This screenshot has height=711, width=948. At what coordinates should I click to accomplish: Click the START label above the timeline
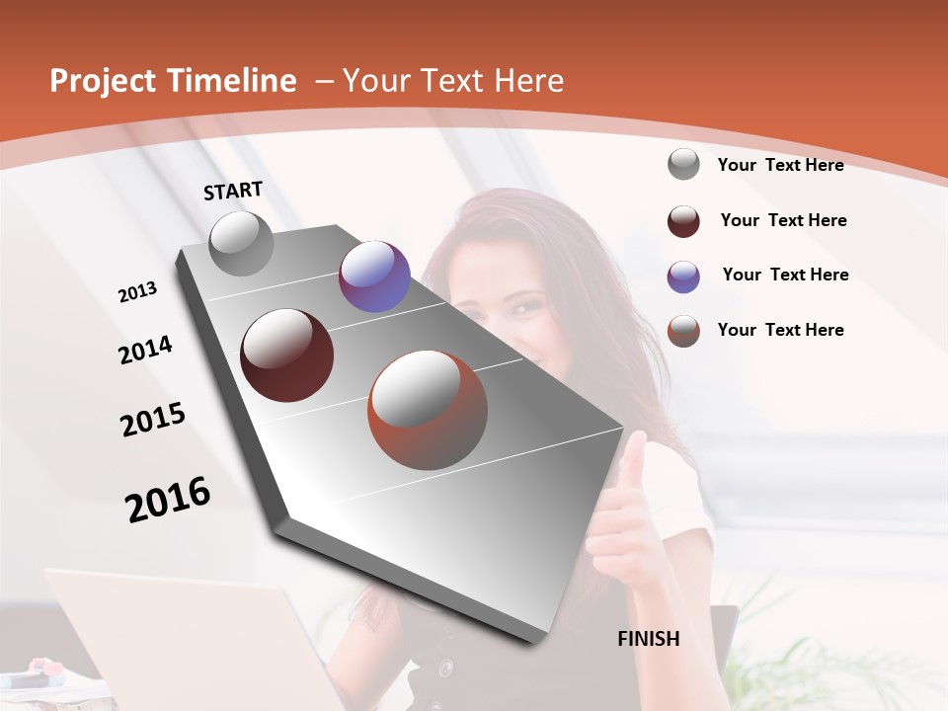[x=233, y=191]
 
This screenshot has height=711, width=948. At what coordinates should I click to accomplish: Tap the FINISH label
[x=648, y=639]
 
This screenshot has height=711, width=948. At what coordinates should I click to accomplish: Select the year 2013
[x=137, y=292]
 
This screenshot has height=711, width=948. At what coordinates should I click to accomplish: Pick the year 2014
[x=145, y=351]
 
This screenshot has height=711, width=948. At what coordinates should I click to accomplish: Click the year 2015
[x=153, y=420]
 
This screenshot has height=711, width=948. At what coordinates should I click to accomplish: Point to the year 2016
[x=168, y=500]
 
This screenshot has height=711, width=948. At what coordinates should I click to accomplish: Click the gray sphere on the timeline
[x=241, y=243]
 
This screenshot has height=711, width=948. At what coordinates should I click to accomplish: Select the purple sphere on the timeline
[x=374, y=276]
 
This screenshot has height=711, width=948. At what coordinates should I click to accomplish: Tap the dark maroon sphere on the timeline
[x=286, y=355]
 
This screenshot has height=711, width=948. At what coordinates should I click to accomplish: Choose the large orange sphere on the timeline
[x=428, y=410]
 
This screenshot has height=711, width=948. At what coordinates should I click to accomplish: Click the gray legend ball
[x=683, y=165]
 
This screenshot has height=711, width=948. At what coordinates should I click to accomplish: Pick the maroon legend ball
[x=683, y=221]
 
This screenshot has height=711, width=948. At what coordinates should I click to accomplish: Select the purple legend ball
[x=683, y=276]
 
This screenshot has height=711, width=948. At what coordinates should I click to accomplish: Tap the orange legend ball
[x=683, y=331]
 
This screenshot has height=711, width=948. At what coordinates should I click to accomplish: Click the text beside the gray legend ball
[x=780, y=165]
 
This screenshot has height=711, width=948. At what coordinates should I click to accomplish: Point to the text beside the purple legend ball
[x=785, y=275]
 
